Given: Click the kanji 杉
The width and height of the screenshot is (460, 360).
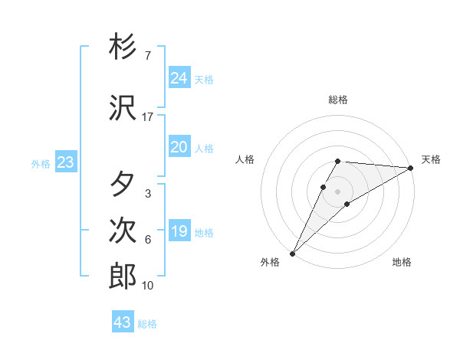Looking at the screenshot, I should (x=123, y=47).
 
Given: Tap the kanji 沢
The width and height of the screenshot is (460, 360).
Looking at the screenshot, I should (x=123, y=108).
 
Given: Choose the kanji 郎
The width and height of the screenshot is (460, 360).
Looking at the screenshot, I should (x=123, y=276).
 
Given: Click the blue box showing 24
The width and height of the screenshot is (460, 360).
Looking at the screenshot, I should (x=179, y=78).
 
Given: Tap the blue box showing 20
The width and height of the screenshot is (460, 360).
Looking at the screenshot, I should (x=179, y=147).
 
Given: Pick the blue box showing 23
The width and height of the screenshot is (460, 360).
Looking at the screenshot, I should (x=65, y=162).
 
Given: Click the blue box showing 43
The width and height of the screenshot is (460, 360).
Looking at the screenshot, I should (x=122, y=322).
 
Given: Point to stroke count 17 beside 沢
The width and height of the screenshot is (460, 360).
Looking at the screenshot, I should (x=147, y=117).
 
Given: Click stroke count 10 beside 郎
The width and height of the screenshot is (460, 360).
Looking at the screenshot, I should (x=147, y=286).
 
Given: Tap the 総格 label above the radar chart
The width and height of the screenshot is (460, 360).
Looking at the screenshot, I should (x=338, y=100).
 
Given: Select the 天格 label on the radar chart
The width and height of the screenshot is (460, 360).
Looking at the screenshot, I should (x=431, y=159).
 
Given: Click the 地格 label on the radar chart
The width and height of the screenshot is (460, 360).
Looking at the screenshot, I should (x=402, y=262).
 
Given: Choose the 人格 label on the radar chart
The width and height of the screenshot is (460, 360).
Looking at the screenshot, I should (x=245, y=159).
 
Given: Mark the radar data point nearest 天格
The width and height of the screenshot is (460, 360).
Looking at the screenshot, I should (x=411, y=168).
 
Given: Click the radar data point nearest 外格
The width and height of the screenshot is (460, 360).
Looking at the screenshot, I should (x=292, y=253).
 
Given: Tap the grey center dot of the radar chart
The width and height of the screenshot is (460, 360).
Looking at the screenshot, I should (x=338, y=191).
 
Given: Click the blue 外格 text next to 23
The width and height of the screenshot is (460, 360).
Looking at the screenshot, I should (x=40, y=163).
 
